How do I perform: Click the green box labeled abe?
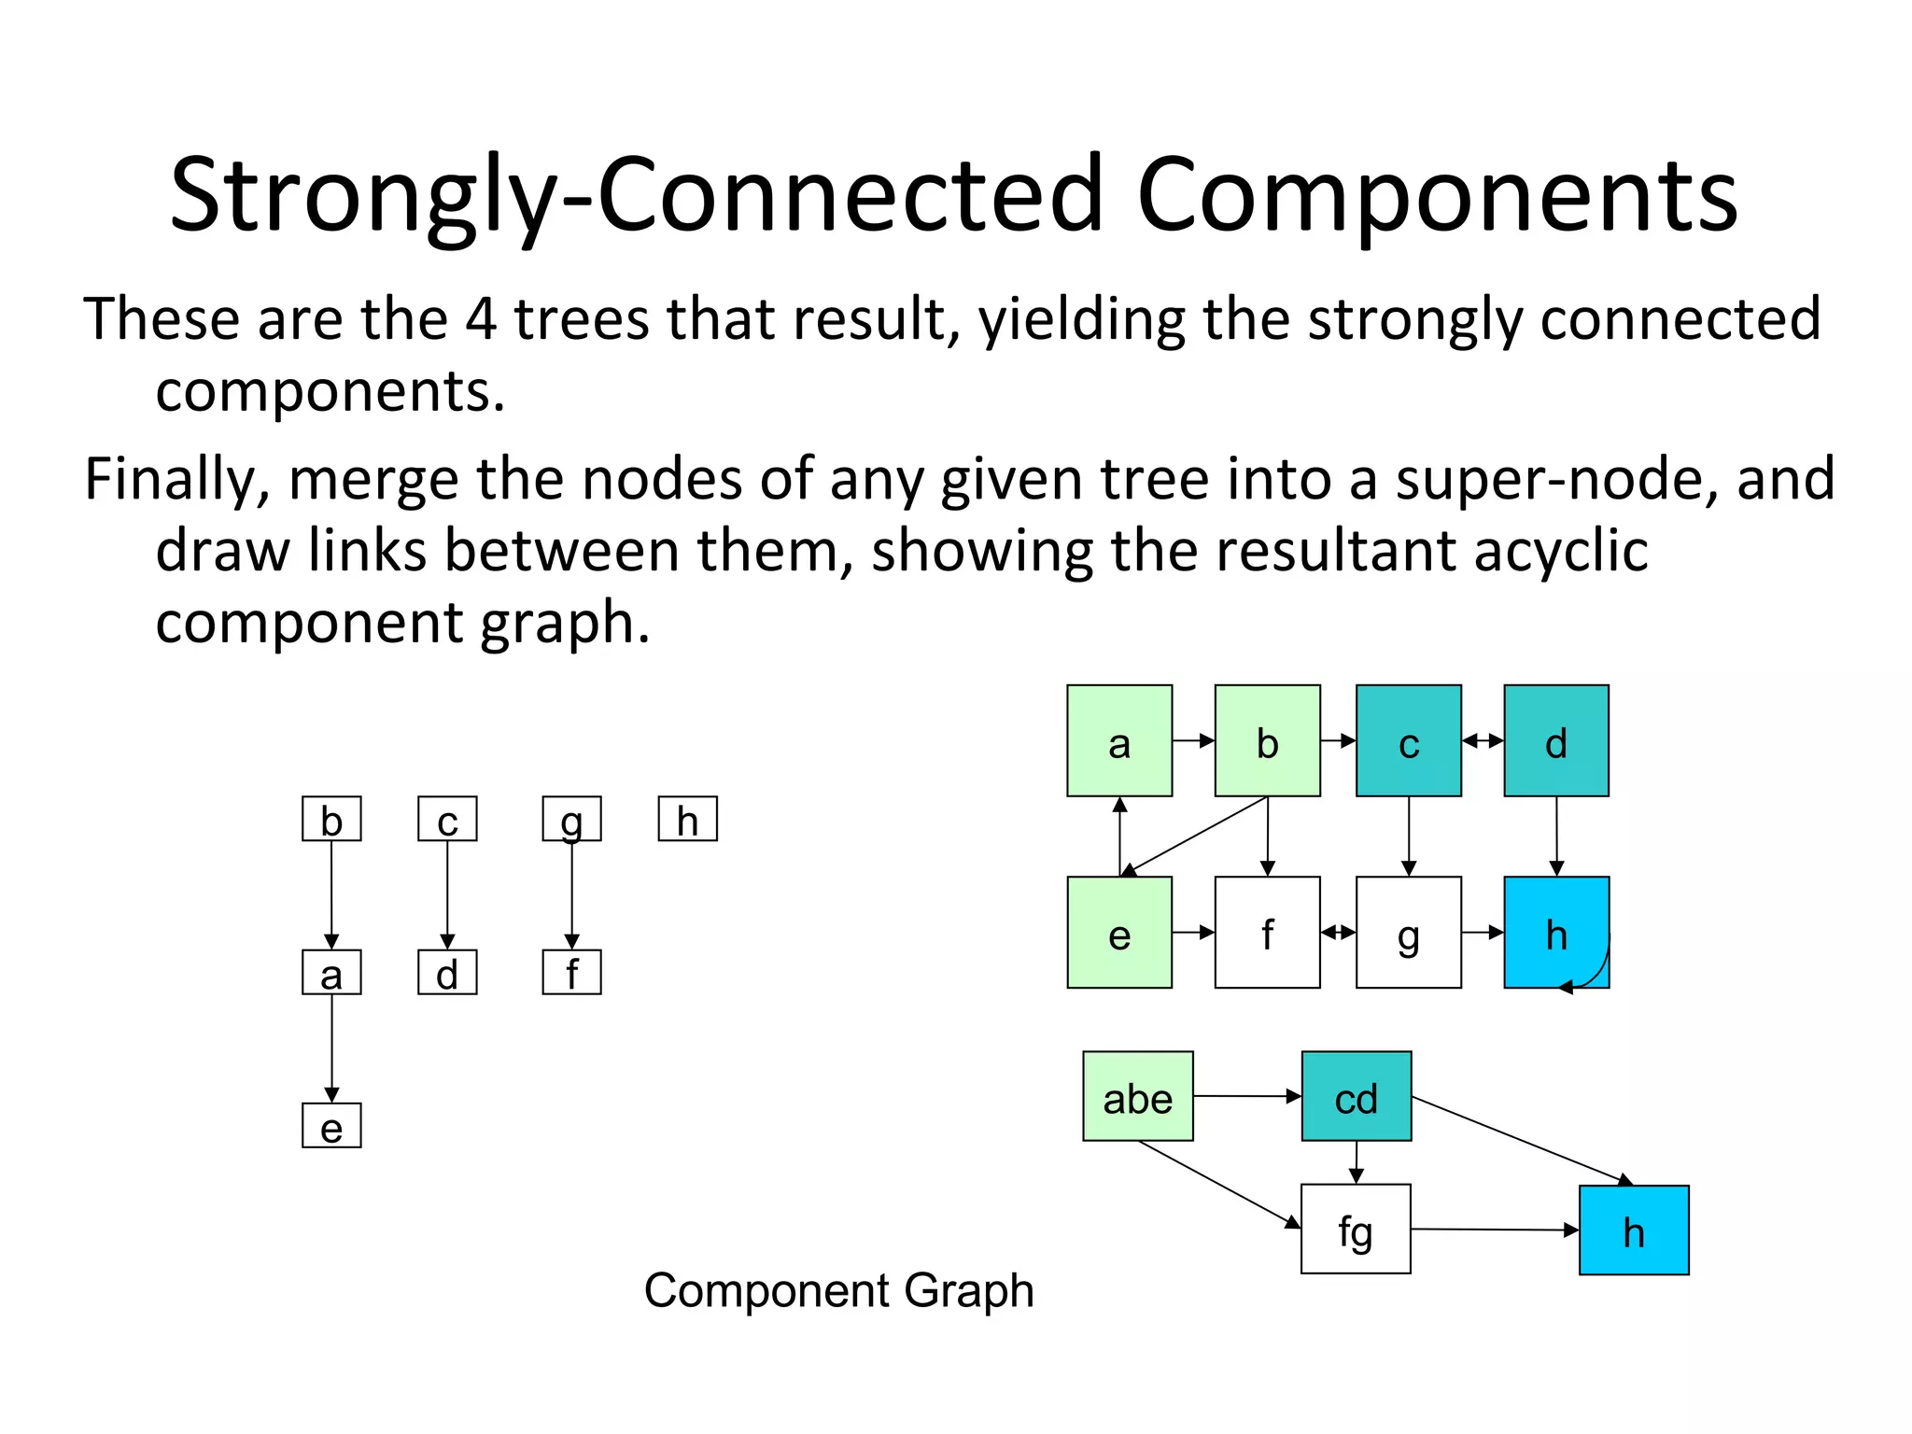[1137, 1096]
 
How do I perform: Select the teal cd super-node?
[1356, 1096]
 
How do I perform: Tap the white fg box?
[1355, 1229]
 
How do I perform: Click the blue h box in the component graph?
[1633, 1230]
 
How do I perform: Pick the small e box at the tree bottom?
[331, 1126]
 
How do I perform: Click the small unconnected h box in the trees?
[687, 819]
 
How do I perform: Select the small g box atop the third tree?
[571, 819]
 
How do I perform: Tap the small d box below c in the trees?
[447, 972]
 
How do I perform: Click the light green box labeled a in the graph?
[1118, 740]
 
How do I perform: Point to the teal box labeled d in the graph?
[1555, 740]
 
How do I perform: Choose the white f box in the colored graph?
[1267, 932]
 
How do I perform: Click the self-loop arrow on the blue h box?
[1598, 971]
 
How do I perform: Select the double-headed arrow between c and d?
[1483, 740]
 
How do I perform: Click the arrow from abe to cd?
[1246, 1096]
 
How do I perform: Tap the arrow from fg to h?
[1494, 1230]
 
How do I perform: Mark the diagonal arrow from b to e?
[1195, 836]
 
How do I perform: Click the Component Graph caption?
[838, 1290]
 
